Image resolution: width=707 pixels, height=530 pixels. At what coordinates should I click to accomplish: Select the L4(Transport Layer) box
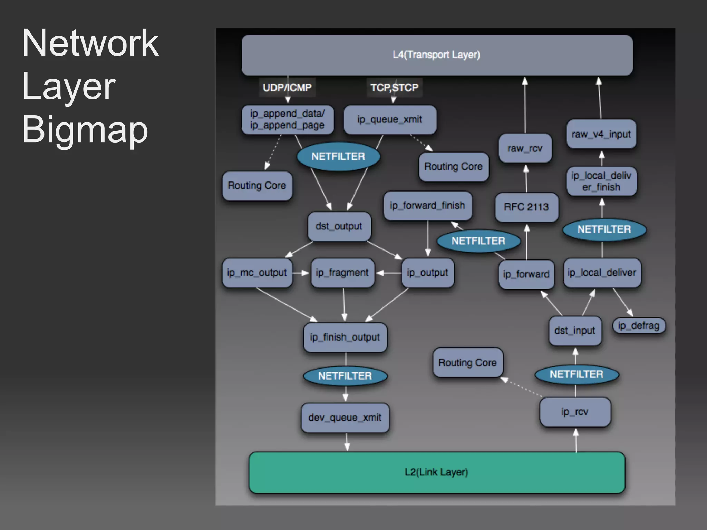437,55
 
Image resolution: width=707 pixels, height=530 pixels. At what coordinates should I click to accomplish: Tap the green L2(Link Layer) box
437,472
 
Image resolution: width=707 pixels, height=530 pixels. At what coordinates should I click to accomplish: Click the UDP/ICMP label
287,88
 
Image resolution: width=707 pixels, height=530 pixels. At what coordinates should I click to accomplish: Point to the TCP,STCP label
394,88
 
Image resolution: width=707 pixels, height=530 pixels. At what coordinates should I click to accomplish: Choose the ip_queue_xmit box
390,119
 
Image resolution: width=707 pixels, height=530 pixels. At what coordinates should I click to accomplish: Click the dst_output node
339,226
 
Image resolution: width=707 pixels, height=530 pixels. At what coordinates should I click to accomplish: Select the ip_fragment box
342,273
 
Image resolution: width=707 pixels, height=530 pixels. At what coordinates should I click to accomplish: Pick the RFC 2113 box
526,207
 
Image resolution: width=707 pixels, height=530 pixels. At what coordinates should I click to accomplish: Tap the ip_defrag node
639,325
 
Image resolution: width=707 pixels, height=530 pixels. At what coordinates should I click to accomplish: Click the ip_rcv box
575,412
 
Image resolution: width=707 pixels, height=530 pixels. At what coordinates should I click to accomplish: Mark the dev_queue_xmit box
345,418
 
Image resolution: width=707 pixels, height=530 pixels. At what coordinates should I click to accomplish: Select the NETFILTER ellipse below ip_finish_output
345,376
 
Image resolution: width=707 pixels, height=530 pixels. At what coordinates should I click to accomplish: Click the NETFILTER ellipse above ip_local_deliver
604,229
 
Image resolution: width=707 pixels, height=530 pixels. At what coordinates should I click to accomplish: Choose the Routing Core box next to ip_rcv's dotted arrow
467,363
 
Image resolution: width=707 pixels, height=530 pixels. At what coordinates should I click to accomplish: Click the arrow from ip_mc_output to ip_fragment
301,273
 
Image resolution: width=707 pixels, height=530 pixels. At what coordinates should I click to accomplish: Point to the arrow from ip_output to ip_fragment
389,273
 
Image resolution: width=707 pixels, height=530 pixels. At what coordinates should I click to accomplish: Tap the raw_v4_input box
601,134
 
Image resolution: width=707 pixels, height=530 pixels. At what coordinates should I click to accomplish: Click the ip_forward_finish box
427,206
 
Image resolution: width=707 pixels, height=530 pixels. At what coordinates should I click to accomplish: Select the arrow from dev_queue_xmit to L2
347,442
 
